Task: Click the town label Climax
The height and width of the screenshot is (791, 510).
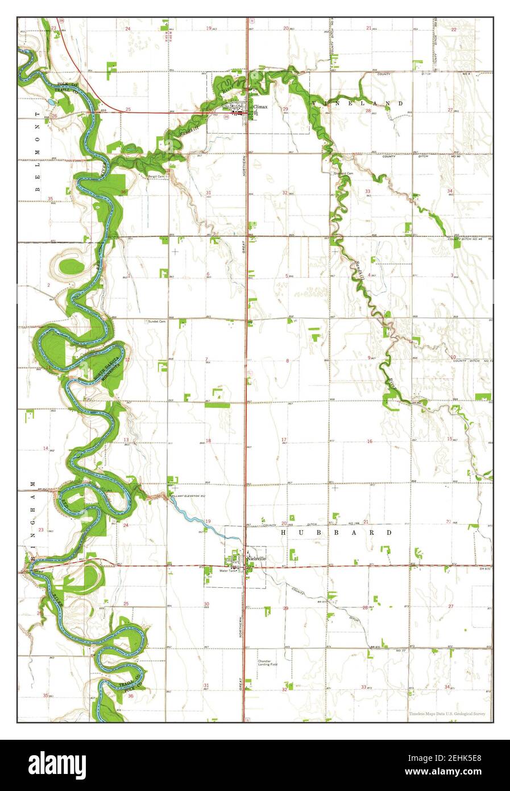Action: (x=260, y=106)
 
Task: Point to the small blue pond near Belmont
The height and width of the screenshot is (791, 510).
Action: (x=52, y=102)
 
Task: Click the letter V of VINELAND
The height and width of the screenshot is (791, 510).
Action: (x=314, y=103)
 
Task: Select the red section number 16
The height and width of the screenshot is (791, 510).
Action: (x=369, y=442)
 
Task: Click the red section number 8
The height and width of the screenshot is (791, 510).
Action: (x=288, y=361)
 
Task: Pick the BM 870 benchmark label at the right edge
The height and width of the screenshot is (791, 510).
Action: (x=484, y=568)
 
